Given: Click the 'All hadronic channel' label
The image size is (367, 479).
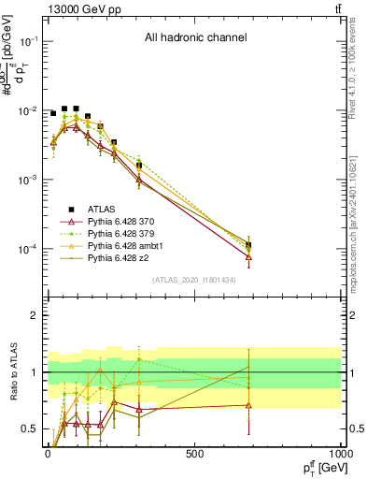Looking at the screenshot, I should click(195, 38).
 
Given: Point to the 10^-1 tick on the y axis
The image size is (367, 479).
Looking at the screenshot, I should click(28, 42).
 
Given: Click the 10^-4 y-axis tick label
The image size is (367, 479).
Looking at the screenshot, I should click(28, 249).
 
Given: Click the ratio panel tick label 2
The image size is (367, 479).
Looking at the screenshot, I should click(34, 315).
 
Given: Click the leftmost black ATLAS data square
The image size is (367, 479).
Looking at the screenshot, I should click(53, 113).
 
